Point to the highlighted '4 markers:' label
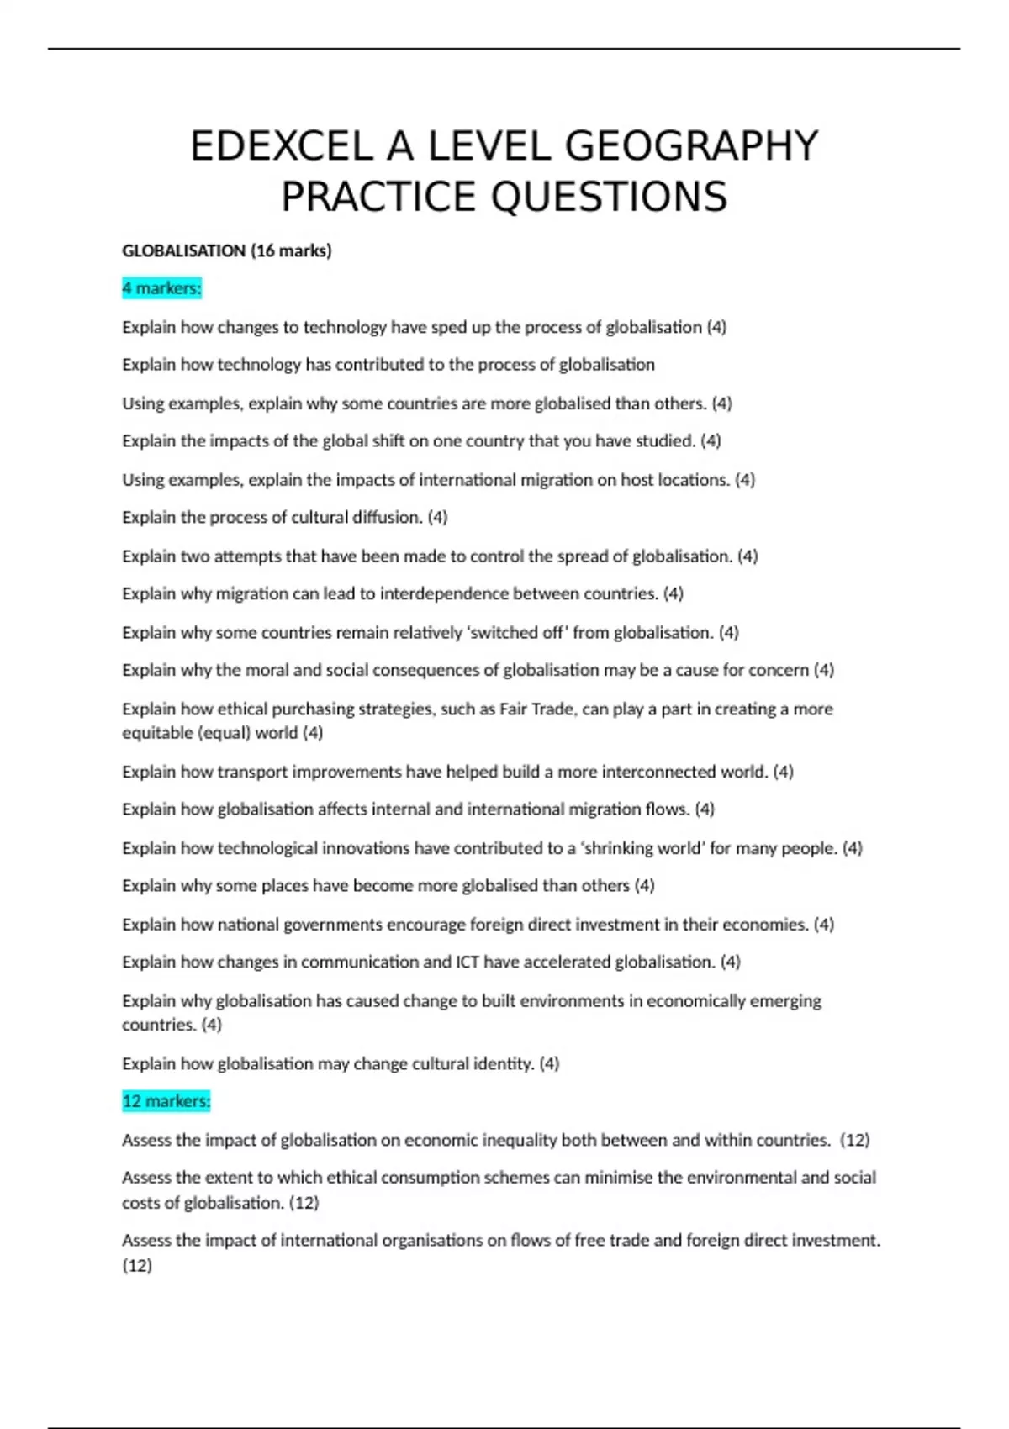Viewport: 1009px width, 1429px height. (161, 288)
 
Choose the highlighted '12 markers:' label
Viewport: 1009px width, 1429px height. (166, 1101)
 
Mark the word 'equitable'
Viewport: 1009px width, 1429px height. (157, 733)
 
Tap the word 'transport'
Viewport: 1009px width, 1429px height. (250, 772)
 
